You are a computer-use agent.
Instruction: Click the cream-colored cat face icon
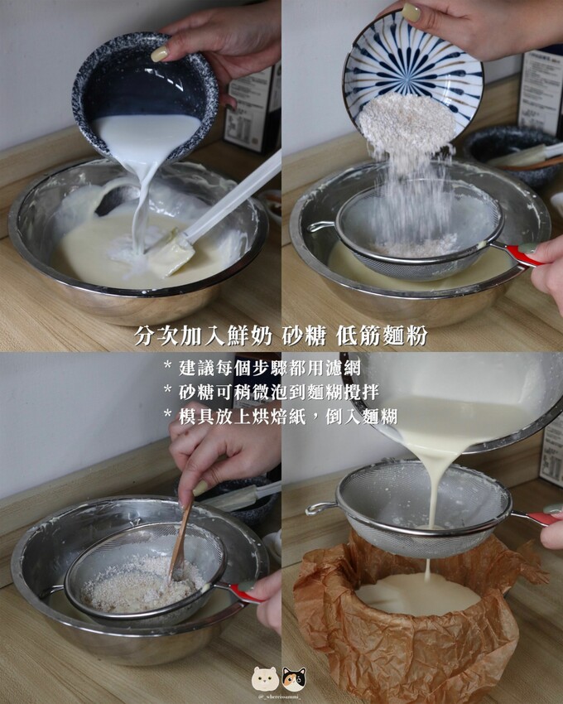pos(264,679)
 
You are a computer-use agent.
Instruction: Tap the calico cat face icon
pos(294,679)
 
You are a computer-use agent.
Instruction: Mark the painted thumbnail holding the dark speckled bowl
pos(159,54)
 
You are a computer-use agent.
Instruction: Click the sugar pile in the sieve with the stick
pos(141,584)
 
